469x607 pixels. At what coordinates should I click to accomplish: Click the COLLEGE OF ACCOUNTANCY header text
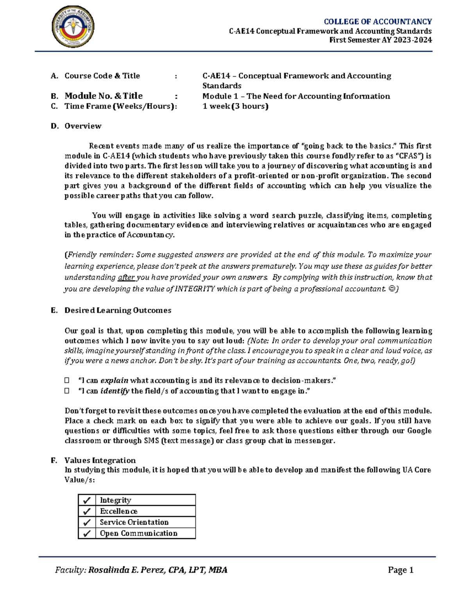[x=378, y=21]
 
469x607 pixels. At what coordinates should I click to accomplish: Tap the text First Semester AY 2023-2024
[x=380, y=40]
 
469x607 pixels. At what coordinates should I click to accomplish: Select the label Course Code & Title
[x=102, y=76]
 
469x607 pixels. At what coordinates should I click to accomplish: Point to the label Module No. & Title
[x=104, y=96]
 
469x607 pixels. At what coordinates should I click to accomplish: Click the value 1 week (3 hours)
[x=235, y=106]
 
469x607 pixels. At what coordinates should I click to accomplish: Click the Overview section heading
[x=83, y=126]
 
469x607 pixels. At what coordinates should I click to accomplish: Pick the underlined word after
[x=126, y=278]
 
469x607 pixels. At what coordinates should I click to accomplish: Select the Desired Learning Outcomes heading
[x=118, y=310]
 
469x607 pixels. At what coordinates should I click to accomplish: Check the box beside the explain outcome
[x=67, y=380]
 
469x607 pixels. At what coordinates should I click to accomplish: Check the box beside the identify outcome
[x=67, y=390]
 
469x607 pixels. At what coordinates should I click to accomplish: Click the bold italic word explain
[x=114, y=380]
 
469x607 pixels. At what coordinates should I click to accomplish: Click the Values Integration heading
[x=100, y=460]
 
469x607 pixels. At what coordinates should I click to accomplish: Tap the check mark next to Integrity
[x=87, y=500]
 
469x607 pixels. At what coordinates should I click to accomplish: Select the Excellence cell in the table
[x=119, y=511]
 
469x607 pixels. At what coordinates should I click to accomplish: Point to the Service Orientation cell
[x=134, y=522]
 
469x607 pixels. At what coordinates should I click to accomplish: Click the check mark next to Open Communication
[x=87, y=533]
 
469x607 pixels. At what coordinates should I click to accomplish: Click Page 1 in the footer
[x=401, y=570]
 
